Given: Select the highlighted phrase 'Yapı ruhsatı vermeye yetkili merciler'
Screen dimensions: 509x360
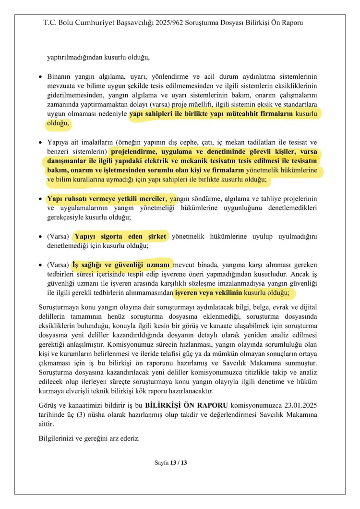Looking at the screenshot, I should coord(106,199).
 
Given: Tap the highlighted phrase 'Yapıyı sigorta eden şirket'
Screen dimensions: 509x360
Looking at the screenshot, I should coord(120,237).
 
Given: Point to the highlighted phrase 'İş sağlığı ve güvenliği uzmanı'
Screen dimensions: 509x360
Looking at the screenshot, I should coord(121,265).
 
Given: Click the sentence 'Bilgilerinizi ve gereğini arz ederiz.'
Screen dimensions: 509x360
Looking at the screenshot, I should coord(89,438).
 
